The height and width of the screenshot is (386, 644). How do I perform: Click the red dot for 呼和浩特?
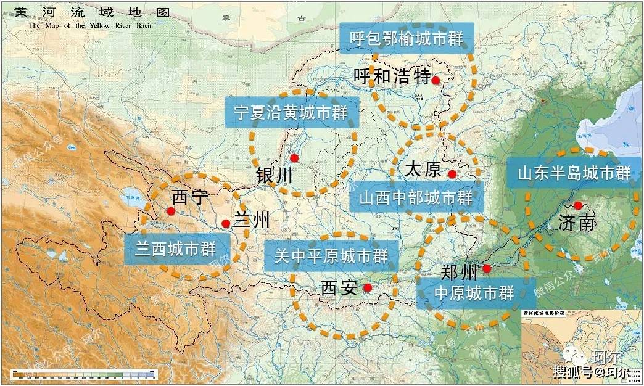[x=436, y=80]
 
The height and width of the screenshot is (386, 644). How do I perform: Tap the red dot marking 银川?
[x=295, y=158]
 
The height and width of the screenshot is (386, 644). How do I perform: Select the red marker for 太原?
[x=452, y=175]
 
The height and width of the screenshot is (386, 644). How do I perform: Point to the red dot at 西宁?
[x=171, y=211]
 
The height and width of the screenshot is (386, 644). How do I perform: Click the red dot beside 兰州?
[x=226, y=224]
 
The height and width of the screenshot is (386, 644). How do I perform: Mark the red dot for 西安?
[x=368, y=287]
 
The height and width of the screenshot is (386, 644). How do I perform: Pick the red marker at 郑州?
[x=487, y=268]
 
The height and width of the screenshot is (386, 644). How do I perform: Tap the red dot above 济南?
[x=578, y=205]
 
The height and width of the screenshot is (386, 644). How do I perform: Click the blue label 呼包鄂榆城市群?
[x=407, y=38]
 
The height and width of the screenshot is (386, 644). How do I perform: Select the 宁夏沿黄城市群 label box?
[x=286, y=112]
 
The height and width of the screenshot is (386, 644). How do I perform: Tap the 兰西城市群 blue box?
[x=175, y=249]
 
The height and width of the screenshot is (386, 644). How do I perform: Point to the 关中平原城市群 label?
[x=331, y=255]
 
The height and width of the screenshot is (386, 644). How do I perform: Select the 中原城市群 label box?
[x=474, y=293]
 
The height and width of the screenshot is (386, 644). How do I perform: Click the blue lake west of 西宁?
[x=131, y=200]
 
